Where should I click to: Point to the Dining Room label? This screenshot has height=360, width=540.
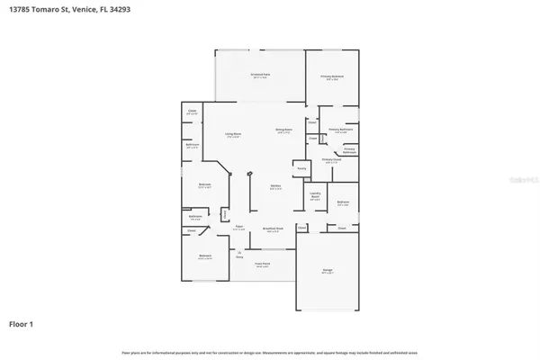[x=283, y=130]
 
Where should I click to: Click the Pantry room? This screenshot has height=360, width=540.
[x=302, y=168]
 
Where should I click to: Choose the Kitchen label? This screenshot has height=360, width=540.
[x=276, y=187]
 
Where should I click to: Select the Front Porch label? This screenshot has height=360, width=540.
[x=263, y=265]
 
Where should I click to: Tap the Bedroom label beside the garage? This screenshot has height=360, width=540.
[x=343, y=203]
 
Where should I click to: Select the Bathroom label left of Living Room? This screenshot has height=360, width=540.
[x=192, y=146]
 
